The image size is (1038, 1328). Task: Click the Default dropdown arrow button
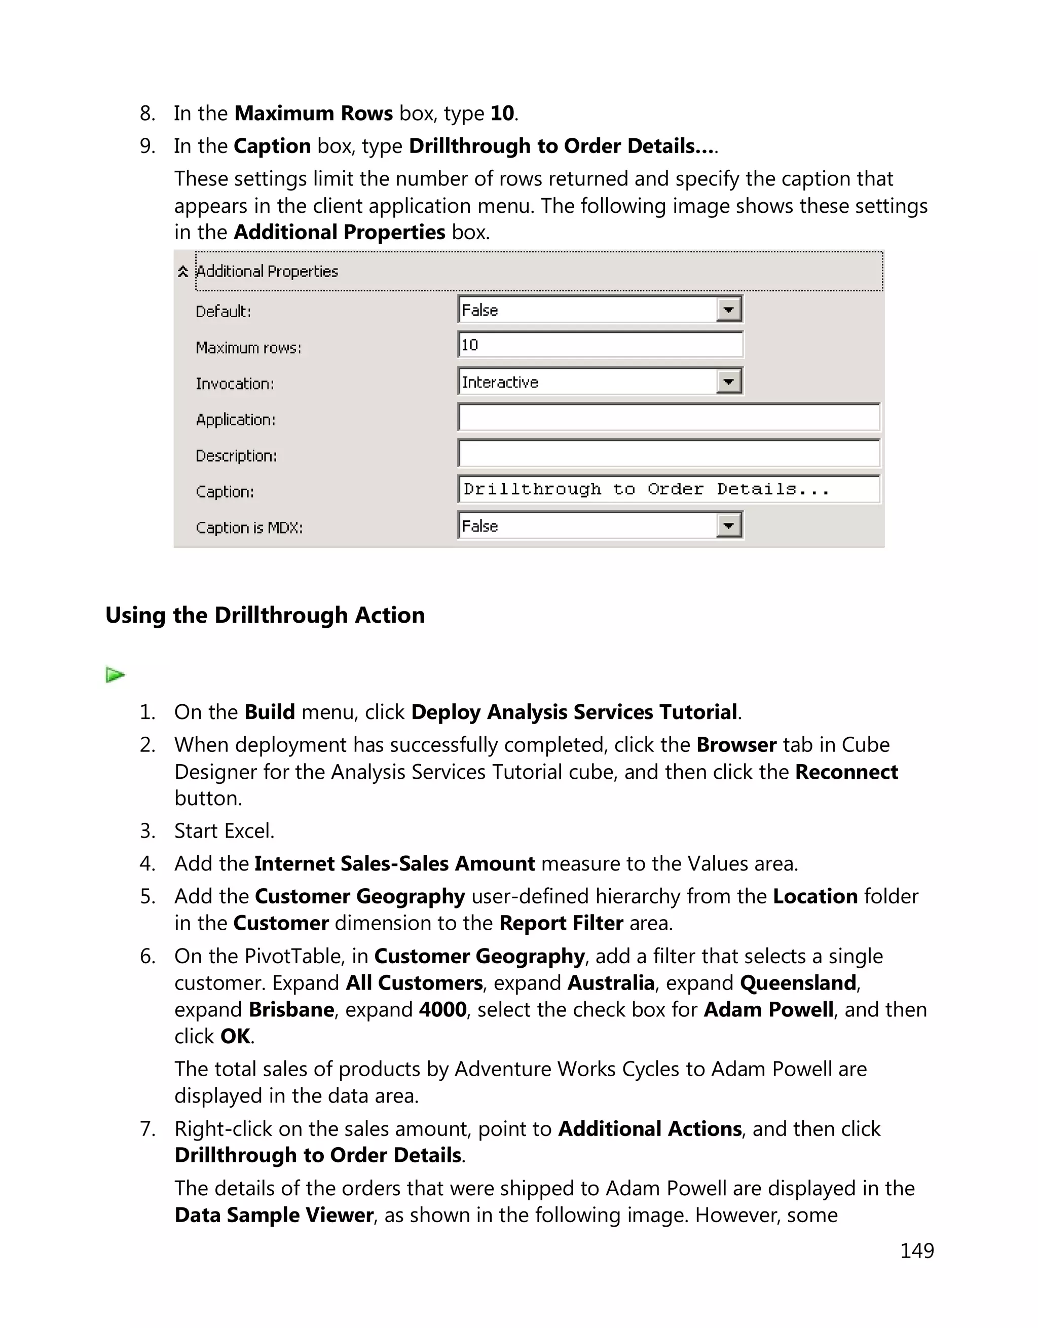coord(728,310)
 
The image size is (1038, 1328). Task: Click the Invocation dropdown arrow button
coord(728,382)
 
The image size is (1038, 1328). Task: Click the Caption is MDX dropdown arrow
coord(728,525)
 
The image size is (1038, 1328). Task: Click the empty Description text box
coord(669,454)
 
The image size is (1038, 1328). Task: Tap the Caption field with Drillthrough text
coord(669,489)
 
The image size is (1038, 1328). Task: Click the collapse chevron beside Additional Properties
coord(182,272)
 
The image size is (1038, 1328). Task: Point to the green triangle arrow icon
coord(115,675)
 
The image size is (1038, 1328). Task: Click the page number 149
coord(916,1251)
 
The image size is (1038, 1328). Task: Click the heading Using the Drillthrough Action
coord(265,615)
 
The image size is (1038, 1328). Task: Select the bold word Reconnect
coord(846,772)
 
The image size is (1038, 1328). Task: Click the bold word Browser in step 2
coord(736,745)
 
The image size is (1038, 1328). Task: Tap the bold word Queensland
coord(798,983)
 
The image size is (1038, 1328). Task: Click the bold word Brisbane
coord(291,1010)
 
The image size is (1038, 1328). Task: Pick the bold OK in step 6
coord(235,1037)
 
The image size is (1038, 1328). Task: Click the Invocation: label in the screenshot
coord(235,384)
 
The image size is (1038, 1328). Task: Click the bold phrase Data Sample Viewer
coord(274,1215)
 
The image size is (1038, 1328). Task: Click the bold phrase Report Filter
coord(561,923)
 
